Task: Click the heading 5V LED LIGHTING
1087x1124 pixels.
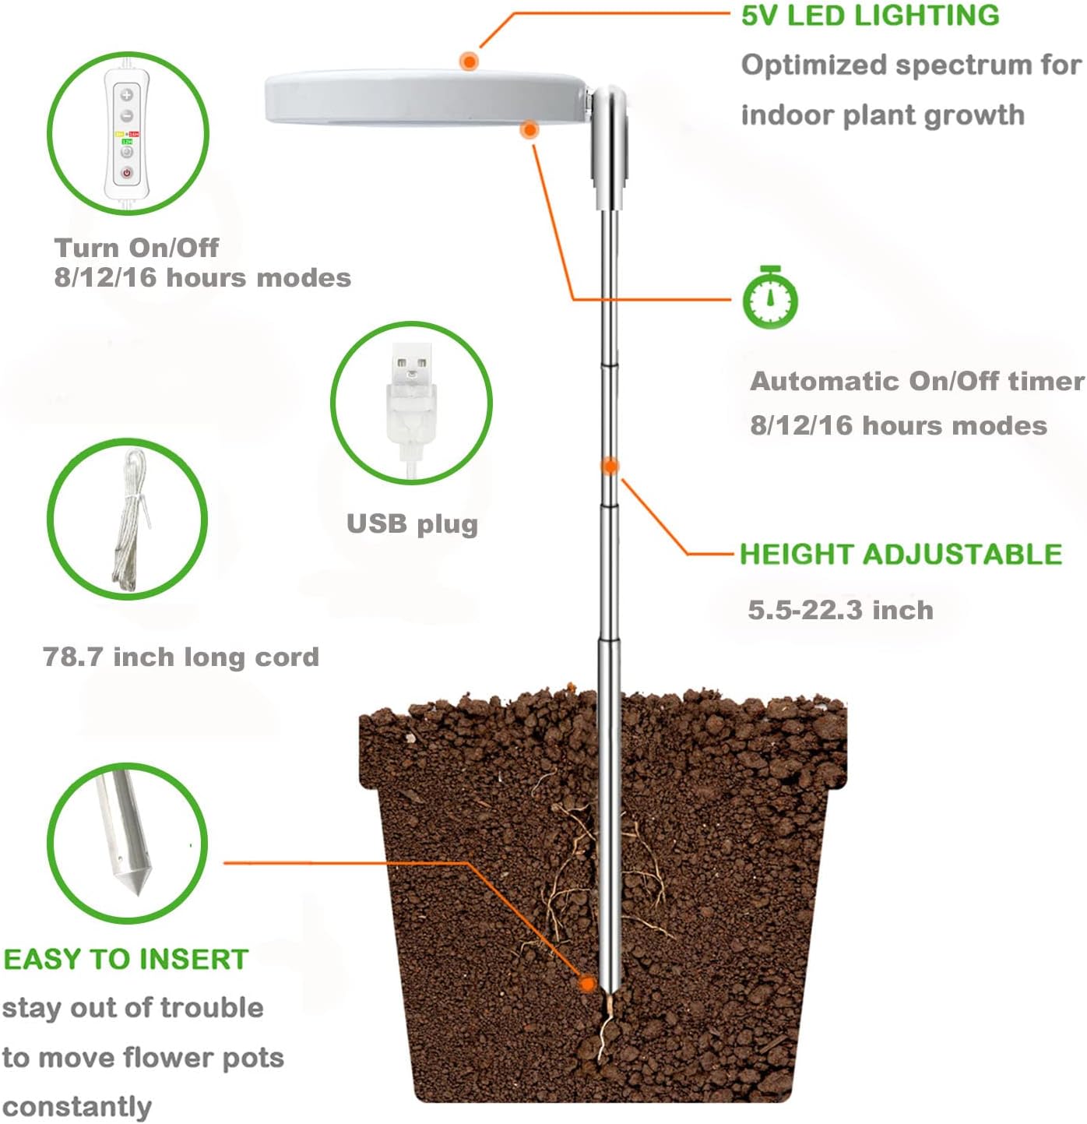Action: click(870, 16)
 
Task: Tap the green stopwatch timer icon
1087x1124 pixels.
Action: click(769, 298)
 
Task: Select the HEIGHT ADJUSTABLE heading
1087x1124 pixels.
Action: click(900, 554)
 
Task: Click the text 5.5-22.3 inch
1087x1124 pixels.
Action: click(840, 610)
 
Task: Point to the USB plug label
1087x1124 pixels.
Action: click(412, 524)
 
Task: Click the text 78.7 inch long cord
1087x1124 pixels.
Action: click(181, 657)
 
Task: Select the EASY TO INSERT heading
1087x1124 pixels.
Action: click(126, 959)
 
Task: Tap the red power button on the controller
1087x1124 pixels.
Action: click(126, 173)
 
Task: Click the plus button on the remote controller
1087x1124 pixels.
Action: click(126, 95)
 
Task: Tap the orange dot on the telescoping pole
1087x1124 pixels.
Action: click(610, 466)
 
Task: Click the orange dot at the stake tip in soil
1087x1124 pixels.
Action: click(588, 984)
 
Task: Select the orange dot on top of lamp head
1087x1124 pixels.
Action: click(469, 61)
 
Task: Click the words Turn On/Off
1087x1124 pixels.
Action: click(136, 248)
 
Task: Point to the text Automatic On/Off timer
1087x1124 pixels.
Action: click(916, 381)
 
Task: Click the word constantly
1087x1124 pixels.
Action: click(76, 1106)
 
